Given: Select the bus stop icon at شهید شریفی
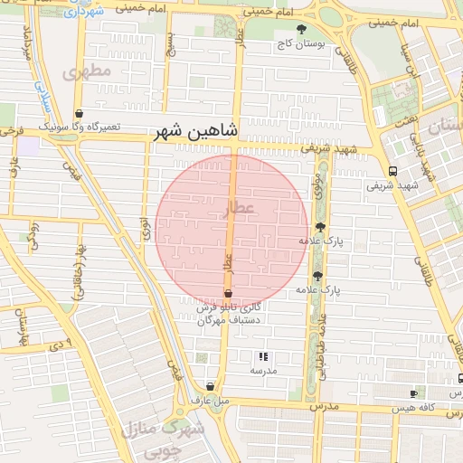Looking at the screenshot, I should tap(392, 171).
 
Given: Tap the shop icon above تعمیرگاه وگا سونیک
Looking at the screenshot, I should tap(80, 115).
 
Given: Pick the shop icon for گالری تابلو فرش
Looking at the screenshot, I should tap(228, 295).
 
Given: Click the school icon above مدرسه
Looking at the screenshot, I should tap(263, 357).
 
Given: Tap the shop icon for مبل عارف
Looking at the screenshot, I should tap(210, 385).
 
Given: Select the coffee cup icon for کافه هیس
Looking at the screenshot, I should tap(414, 393).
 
